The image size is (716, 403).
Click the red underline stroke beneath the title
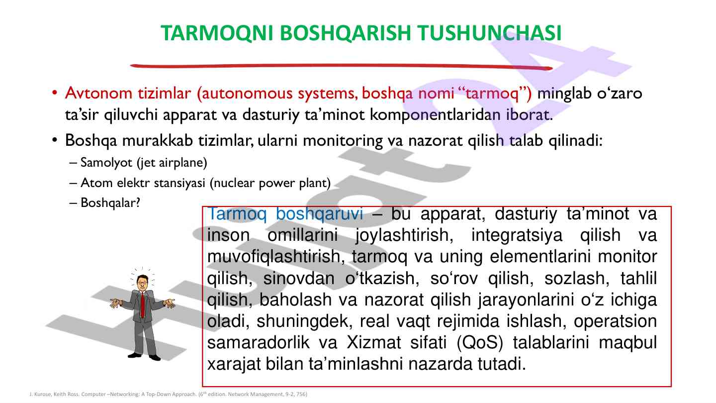(341, 66)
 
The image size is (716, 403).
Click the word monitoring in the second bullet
(343, 140)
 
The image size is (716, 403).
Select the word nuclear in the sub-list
(234, 183)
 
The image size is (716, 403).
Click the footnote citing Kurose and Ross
(168, 394)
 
